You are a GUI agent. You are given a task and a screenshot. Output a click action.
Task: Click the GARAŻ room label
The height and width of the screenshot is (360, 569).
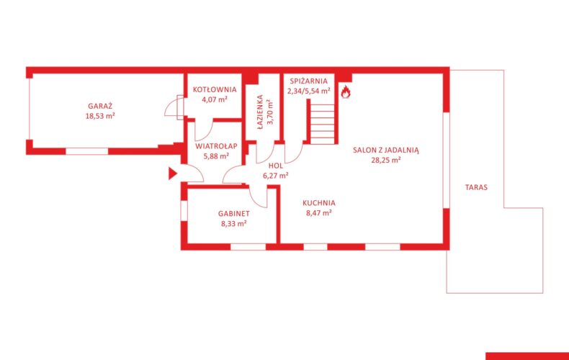tap(100, 106)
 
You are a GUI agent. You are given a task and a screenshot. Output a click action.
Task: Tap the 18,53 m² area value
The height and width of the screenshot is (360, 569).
tap(100, 116)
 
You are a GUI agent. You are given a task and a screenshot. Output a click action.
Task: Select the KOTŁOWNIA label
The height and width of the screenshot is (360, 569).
tap(215, 89)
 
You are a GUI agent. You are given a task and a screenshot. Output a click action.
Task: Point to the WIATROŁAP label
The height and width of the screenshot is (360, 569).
tap(216, 146)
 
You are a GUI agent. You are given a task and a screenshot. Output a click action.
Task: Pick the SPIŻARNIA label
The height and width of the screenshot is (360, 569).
tap(308, 81)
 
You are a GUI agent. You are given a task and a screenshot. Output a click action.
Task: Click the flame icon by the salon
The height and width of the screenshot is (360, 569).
tap(346, 92)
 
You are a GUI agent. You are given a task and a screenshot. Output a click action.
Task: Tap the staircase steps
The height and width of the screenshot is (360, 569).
tap(322, 122)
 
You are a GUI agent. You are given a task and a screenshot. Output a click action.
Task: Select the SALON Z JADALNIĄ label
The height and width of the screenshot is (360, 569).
tap(386, 150)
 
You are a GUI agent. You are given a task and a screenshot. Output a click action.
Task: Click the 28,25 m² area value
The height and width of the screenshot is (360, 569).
tap(386, 160)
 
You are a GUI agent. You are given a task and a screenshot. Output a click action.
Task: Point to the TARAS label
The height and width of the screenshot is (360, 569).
tap(476, 187)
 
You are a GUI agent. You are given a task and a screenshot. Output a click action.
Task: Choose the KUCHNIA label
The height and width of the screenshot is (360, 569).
tap(319, 203)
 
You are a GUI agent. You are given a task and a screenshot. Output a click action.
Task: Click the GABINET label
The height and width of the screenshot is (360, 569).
tap(233, 214)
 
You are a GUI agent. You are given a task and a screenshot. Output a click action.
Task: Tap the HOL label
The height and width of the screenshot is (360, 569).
tap(276, 166)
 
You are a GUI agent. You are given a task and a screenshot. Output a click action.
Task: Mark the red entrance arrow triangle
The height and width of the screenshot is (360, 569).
tap(172, 174)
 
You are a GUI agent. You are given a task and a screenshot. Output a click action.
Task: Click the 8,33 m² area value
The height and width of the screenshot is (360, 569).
tap(233, 223)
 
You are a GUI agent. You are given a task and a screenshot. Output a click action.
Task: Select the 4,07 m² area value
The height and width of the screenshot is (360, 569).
tap(215, 99)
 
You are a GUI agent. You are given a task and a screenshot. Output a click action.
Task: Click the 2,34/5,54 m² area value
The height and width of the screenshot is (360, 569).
tap(309, 91)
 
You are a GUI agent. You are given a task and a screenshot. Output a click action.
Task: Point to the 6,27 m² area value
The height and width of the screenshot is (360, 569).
tap(276, 176)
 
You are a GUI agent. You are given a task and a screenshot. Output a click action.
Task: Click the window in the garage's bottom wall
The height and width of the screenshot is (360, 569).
tap(86, 151)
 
